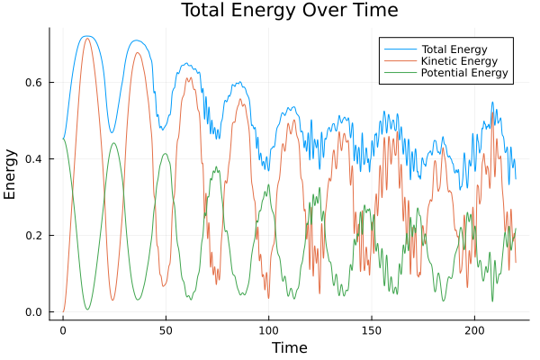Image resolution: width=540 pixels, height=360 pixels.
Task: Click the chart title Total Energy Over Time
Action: click(x=289, y=11)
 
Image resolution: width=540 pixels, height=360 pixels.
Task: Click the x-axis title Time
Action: click(x=289, y=347)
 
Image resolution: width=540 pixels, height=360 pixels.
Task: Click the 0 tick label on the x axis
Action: click(x=63, y=330)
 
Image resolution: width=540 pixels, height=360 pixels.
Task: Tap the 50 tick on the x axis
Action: click(x=166, y=330)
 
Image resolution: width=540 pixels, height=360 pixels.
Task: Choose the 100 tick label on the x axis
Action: click(x=268, y=330)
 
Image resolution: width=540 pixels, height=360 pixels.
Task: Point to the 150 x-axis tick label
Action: click(x=372, y=330)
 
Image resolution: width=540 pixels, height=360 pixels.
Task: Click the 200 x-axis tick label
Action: click(x=474, y=330)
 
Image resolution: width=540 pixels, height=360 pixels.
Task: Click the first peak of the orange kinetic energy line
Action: click(x=87, y=38)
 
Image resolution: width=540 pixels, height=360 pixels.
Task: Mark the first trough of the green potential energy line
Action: click(x=87, y=310)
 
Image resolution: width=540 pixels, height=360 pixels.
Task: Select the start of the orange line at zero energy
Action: click(x=63, y=312)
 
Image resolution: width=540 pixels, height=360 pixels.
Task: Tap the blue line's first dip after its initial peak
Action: click(x=112, y=133)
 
